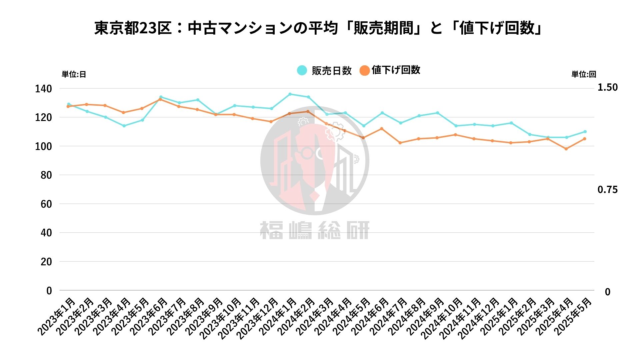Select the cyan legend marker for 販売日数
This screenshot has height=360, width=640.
click(302, 70)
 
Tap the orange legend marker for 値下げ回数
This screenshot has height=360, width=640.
click(365, 70)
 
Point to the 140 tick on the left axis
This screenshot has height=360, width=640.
click(43, 89)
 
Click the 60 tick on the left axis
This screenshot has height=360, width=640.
click(46, 204)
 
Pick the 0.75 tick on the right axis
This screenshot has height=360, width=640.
click(607, 190)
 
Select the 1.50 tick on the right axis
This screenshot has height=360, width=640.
click(607, 87)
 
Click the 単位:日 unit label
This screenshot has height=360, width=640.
click(74, 74)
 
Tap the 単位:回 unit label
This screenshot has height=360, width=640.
click(584, 74)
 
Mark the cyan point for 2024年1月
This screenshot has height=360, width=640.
click(290, 94)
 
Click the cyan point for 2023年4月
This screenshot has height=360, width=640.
click(124, 126)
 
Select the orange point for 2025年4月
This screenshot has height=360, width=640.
click(566, 149)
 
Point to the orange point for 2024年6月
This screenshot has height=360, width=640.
click(382, 129)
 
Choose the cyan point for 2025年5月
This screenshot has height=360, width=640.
click(585, 132)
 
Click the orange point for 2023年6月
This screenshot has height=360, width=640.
click(160, 99)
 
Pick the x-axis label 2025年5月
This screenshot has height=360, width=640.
click(573, 316)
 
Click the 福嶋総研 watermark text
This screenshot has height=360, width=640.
click(315, 230)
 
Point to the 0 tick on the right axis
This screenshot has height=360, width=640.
click(607, 292)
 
